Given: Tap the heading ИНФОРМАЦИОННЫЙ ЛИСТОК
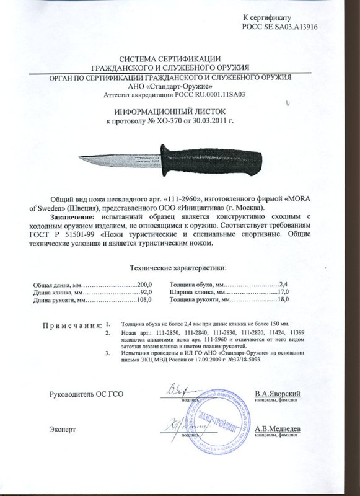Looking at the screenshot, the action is pos(180,112).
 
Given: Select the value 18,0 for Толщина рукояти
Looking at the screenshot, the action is pos(284,300).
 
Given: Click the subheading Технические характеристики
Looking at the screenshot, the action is pos(177,267).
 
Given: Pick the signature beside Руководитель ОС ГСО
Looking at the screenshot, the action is pos(180,391).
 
